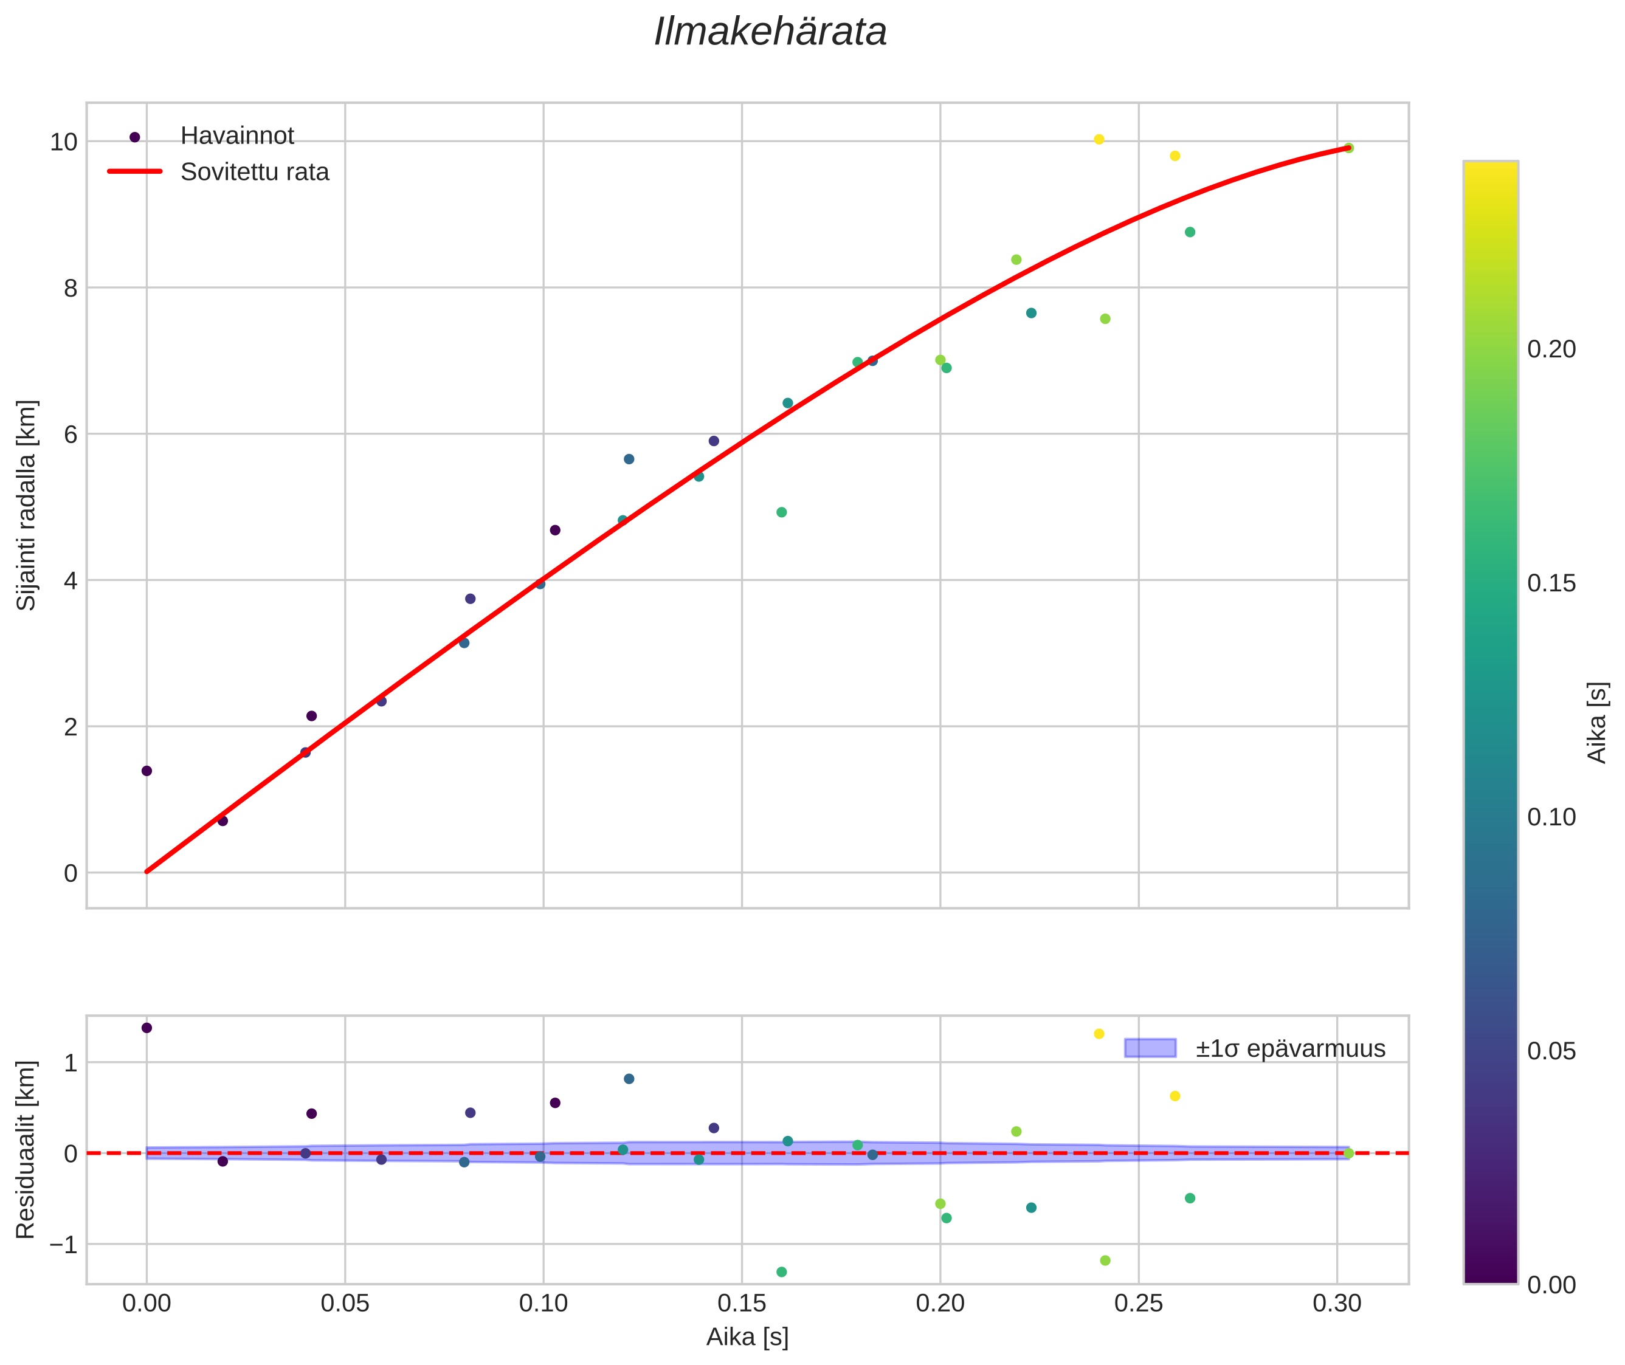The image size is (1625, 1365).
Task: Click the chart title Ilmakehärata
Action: click(x=770, y=32)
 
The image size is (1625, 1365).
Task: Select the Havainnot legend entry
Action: click(x=237, y=136)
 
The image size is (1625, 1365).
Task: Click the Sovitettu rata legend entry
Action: click(x=255, y=172)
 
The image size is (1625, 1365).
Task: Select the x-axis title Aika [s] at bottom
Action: click(x=747, y=1336)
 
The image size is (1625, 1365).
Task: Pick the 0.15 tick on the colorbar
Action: click(x=1551, y=583)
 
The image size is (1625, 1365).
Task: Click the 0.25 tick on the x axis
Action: click(x=1138, y=1304)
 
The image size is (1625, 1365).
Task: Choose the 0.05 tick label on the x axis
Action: click(x=345, y=1304)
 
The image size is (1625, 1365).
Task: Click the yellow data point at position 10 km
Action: click(x=1099, y=139)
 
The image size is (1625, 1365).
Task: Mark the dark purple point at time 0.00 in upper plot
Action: click(x=147, y=771)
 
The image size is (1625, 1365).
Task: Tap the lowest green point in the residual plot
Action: click(x=781, y=1272)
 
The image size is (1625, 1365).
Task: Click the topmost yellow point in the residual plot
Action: click(x=1099, y=1034)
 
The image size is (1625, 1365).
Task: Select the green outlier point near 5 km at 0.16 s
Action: click(x=781, y=512)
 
